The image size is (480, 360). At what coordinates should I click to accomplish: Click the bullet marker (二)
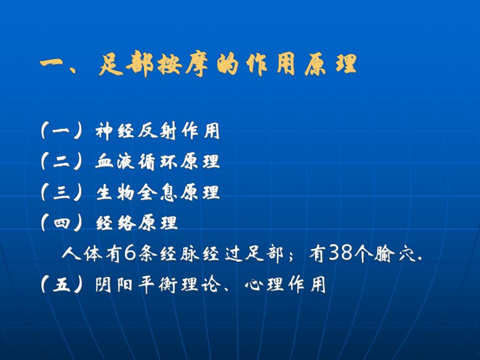tap(61, 162)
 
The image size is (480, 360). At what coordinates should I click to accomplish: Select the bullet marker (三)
tap(61, 193)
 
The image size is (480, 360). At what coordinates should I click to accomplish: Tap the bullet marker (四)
tap(61, 223)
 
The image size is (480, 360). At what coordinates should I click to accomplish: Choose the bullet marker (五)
tap(61, 285)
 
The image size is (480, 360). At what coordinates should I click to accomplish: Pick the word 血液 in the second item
tap(115, 162)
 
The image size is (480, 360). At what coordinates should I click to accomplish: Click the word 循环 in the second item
tap(158, 162)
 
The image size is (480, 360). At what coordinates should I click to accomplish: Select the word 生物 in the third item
tap(115, 193)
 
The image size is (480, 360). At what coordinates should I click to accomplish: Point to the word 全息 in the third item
tap(158, 193)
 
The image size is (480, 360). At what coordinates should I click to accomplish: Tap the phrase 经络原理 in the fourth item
tap(137, 223)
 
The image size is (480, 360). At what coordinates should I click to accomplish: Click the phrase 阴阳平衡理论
tap(158, 285)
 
